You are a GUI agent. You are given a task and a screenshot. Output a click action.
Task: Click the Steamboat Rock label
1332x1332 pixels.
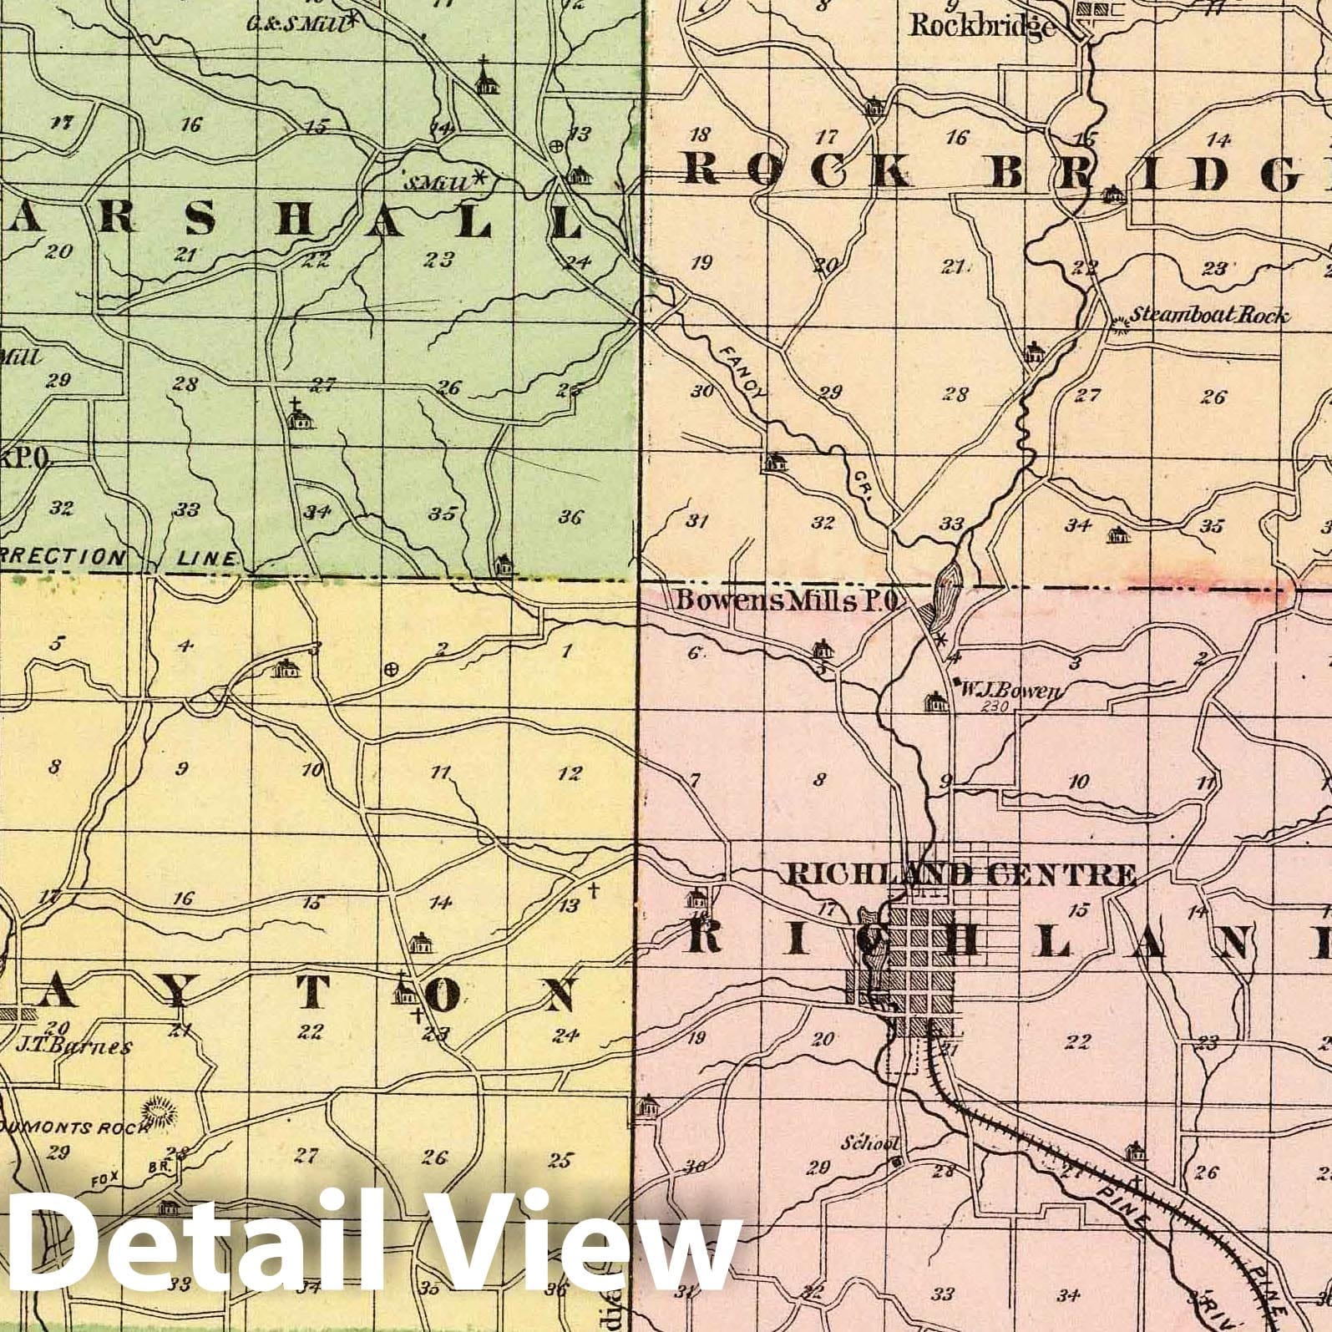point(1208,317)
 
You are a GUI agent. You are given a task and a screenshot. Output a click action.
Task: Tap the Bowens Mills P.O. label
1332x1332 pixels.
point(786,601)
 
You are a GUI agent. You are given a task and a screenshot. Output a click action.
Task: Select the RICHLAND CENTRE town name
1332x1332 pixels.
point(961,874)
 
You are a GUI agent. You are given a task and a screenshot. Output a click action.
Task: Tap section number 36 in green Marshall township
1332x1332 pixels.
point(570,517)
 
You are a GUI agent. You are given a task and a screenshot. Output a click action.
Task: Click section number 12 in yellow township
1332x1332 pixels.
point(570,774)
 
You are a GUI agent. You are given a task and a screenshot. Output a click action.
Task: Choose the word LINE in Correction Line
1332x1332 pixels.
point(209,557)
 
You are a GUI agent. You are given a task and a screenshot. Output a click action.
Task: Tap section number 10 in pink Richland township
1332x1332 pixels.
point(1078,782)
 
